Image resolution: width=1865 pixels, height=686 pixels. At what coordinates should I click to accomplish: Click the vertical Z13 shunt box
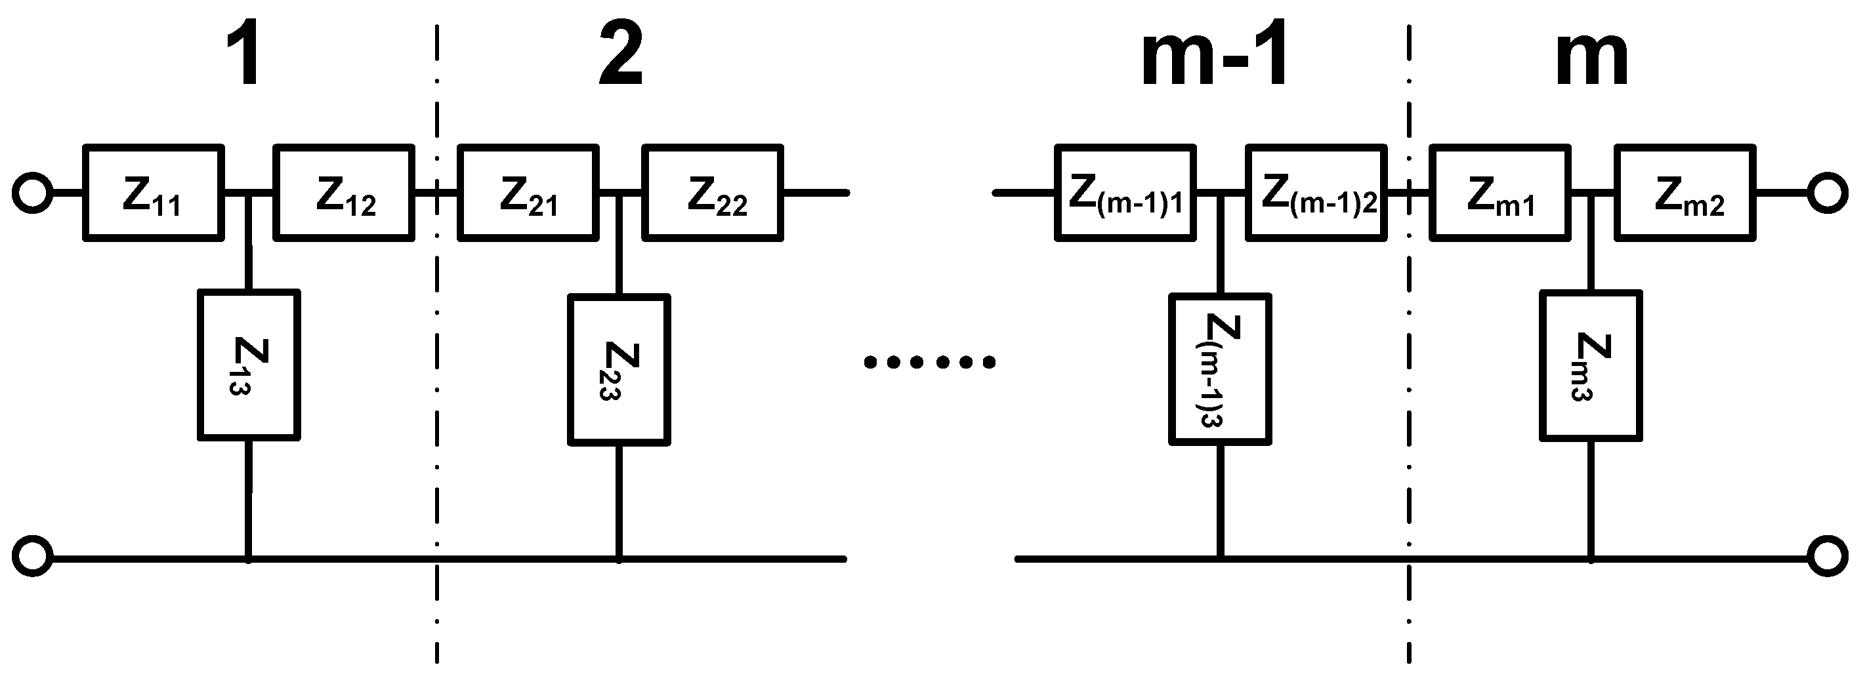click(x=249, y=365)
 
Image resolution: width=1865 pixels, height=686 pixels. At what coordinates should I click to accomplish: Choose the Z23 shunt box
click(x=619, y=369)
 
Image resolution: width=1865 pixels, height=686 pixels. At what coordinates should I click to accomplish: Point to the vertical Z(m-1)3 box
click(x=1220, y=369)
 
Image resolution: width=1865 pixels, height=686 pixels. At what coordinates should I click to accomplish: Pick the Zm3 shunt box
click(x=1591, y=365)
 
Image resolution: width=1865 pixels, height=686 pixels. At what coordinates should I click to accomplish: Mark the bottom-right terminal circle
click(x=1828, y=556)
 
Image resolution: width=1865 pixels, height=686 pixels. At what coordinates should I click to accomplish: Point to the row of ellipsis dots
click(x=930, y=361)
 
